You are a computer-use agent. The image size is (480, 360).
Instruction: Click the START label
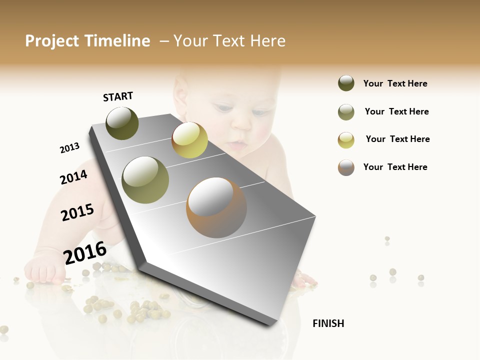[118, 96]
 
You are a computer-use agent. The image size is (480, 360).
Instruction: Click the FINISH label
[328, 323]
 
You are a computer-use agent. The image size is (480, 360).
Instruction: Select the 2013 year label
[69, 148]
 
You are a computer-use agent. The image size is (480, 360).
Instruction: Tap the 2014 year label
[73, 177]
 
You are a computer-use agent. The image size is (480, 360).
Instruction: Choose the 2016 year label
[85, 252]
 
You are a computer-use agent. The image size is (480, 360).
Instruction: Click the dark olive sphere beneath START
[122, 123]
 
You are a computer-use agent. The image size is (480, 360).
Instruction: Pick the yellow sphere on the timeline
[189, 140]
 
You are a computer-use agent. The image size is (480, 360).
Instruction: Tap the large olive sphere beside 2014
[145, 179]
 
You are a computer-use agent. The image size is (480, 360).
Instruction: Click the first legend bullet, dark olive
[346, 83]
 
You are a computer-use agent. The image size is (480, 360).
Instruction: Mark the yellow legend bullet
[346, 140]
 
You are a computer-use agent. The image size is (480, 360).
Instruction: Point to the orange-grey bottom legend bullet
[346, 167]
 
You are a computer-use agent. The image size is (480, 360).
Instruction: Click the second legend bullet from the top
[346, 112]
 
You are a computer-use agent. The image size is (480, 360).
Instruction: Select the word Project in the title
[52, 41]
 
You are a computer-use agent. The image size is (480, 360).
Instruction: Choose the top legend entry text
[395, 83]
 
